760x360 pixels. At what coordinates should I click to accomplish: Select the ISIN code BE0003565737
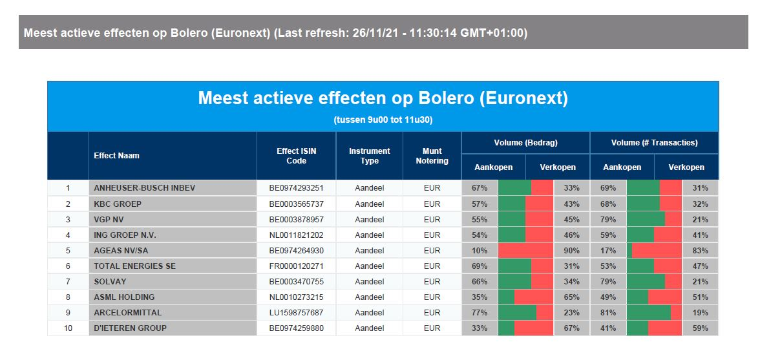coord(296,204)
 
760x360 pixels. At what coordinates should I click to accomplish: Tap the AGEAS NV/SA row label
coord(121,251)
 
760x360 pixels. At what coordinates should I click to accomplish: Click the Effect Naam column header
coord(116,156)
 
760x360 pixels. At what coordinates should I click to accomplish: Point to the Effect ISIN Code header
coord(296,156)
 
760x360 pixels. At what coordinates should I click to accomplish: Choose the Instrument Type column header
coord(370,156)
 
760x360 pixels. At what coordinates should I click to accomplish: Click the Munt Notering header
coord(432,156)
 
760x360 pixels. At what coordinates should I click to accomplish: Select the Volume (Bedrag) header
coord(525,142)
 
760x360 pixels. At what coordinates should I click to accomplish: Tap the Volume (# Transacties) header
coord(654,142)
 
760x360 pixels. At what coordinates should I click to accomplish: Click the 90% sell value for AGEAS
coord(571,251)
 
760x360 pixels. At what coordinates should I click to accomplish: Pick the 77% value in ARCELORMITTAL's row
coord(480,313)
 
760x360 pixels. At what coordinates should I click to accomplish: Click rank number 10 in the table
coord(68,328)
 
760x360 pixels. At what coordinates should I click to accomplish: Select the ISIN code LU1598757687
coord(296,313)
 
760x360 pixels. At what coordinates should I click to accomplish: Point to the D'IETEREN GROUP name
coord(130,328)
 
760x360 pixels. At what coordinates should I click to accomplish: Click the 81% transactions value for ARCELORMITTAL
coord(608,313)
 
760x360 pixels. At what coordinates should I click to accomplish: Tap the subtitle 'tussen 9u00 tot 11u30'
coord(383,120)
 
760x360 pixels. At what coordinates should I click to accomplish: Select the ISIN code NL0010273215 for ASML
coord(296,297)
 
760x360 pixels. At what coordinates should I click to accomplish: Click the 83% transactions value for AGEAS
coord(700,251)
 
